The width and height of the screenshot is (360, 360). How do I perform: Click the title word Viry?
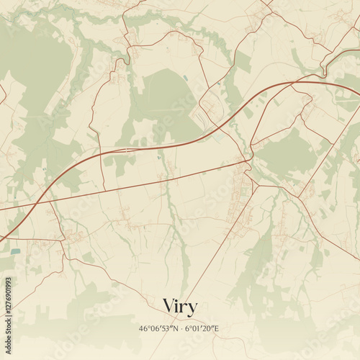coord(180,307)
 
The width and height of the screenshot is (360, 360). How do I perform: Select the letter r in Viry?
coord(185,307)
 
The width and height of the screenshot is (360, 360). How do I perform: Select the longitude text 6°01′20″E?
coord(202,328)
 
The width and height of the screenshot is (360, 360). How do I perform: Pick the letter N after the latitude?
coord(175,328)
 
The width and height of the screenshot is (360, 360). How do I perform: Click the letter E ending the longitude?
coord(217,328)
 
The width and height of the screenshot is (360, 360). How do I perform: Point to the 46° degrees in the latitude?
coord(145,328)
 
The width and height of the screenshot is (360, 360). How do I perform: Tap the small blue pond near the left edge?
coord(16,251)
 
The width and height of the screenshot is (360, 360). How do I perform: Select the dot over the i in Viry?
coord(179,300)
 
